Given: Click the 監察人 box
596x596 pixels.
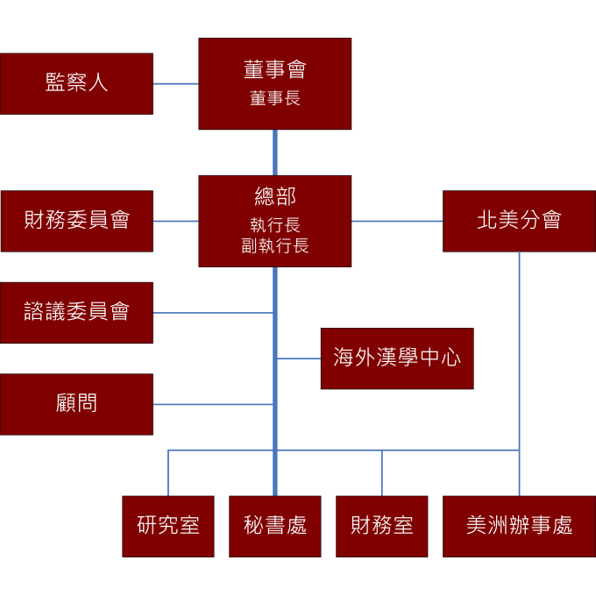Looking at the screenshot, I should pyautogui.click(x=76, y=83).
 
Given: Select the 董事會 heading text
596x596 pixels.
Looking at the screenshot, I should pyautogui.click(x=274, y=69).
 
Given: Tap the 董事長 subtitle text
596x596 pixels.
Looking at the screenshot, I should pyautogui.click(x=274, y=99).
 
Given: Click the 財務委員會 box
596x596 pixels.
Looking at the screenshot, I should pyautogui.click(x=76, y=221).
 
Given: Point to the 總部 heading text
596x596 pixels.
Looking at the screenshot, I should pyautogui.click(x=274, y=196).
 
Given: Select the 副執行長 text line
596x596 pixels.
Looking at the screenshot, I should pyautogui.click(x=274, y=246).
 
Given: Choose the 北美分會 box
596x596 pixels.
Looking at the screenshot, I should pyautogui.click(x=519, y=221).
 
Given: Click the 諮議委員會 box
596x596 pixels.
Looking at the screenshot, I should pyautogui.click(x=76, y=312).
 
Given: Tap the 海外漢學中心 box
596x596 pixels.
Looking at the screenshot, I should pyautogui.click(x=396, y=358).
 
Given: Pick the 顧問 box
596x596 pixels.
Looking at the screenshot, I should pyautogui.click(x=76, y=404).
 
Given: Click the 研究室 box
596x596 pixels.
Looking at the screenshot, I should pyautogui.click(x=168, y=526).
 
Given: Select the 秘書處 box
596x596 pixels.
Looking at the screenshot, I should pyautogui.click(x=275, y=526).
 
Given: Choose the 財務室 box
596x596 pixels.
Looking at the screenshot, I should pyautogui.click(x=381, y=526).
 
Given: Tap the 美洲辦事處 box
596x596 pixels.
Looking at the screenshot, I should pyautogui.click(x=519, y=526).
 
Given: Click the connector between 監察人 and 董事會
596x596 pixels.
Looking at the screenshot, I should pyautogui.click(x=175, y=83).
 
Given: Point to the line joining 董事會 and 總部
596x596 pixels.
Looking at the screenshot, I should pyautogui.click(x=274, y=153).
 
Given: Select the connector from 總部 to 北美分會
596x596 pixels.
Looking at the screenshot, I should pyautogui.click(x=397, y=221).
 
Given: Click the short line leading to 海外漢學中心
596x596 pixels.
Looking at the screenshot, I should pyautogui.click(x=299, y=358).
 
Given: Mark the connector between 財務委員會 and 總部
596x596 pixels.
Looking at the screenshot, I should pyautogui.click(x=175, y=221).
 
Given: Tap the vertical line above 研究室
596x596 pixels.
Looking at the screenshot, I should pyautogui.click(x=168, y=473).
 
